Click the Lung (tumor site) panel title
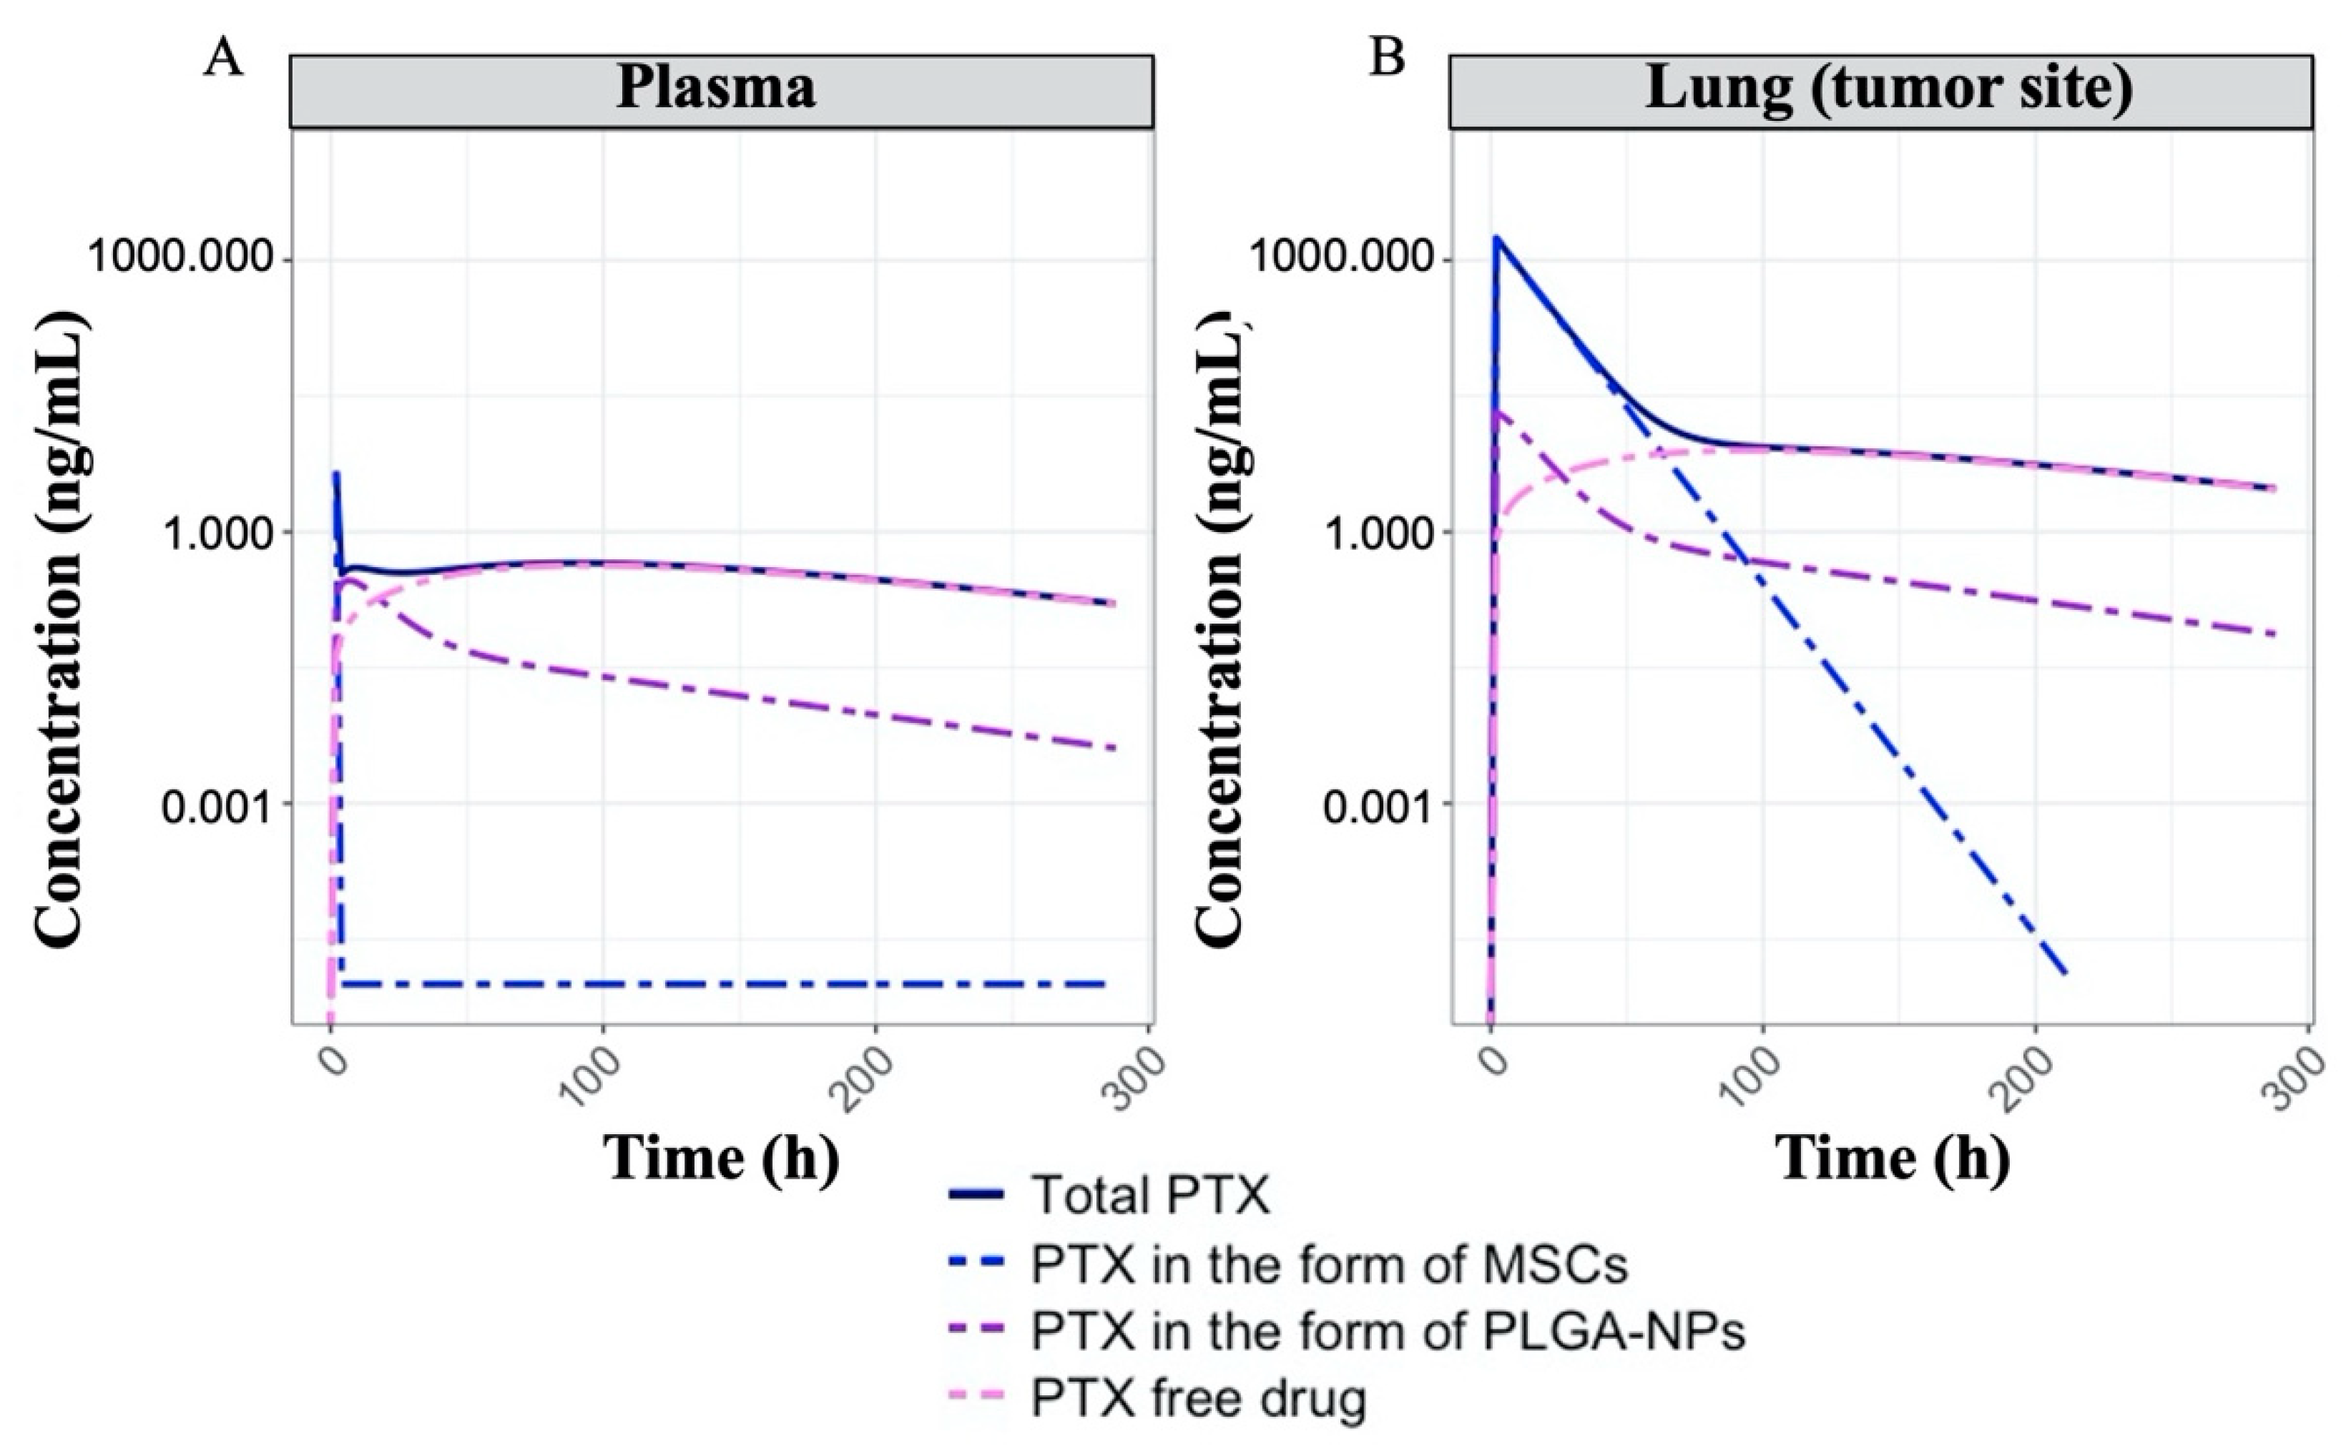(x=1888, y=89)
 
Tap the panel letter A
(x=224, y=59)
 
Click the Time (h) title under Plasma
(x=722, y=1158)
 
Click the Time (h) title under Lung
(x=1894, y=1158)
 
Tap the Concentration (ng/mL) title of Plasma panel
(x=63, y=631)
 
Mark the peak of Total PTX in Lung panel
(x=1498, y=238)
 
